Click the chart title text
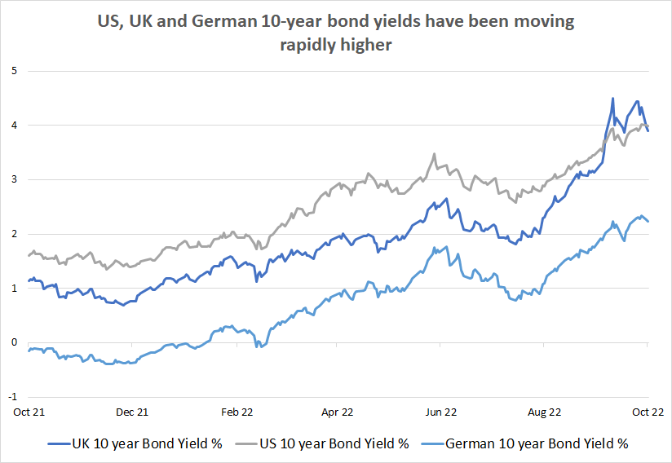[336, 33]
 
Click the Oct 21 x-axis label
[29, 412]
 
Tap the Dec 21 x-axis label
[132, 412]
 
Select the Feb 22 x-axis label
[235, 412]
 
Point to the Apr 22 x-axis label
[338, 412]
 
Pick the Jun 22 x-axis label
[441, 412]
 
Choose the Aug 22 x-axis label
[545, 412]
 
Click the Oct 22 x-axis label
[648, 412]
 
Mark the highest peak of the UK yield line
[612, 99]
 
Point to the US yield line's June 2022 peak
[434, 154]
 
